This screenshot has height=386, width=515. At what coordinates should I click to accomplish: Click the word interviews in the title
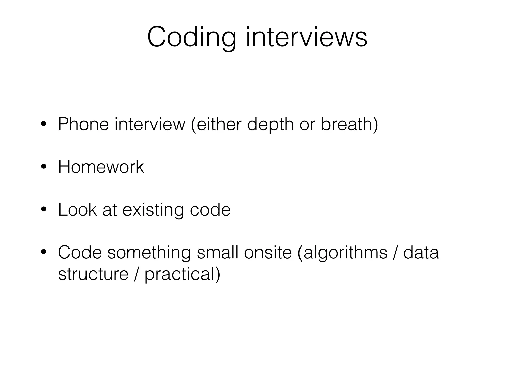tap(306, 38)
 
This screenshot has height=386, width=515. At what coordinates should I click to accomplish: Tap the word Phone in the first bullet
tap(83, 124)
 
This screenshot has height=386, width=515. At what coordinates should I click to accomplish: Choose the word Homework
tap(101, 167)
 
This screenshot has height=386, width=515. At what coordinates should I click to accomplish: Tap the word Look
tap(77, 210)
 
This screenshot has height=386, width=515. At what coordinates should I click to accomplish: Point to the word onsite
tap(268, 252)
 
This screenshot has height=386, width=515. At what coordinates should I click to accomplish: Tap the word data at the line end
tap(421, 252)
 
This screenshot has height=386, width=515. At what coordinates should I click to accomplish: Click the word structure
tap(93, 274)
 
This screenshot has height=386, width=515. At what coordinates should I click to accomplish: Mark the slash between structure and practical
tap(136, 274)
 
